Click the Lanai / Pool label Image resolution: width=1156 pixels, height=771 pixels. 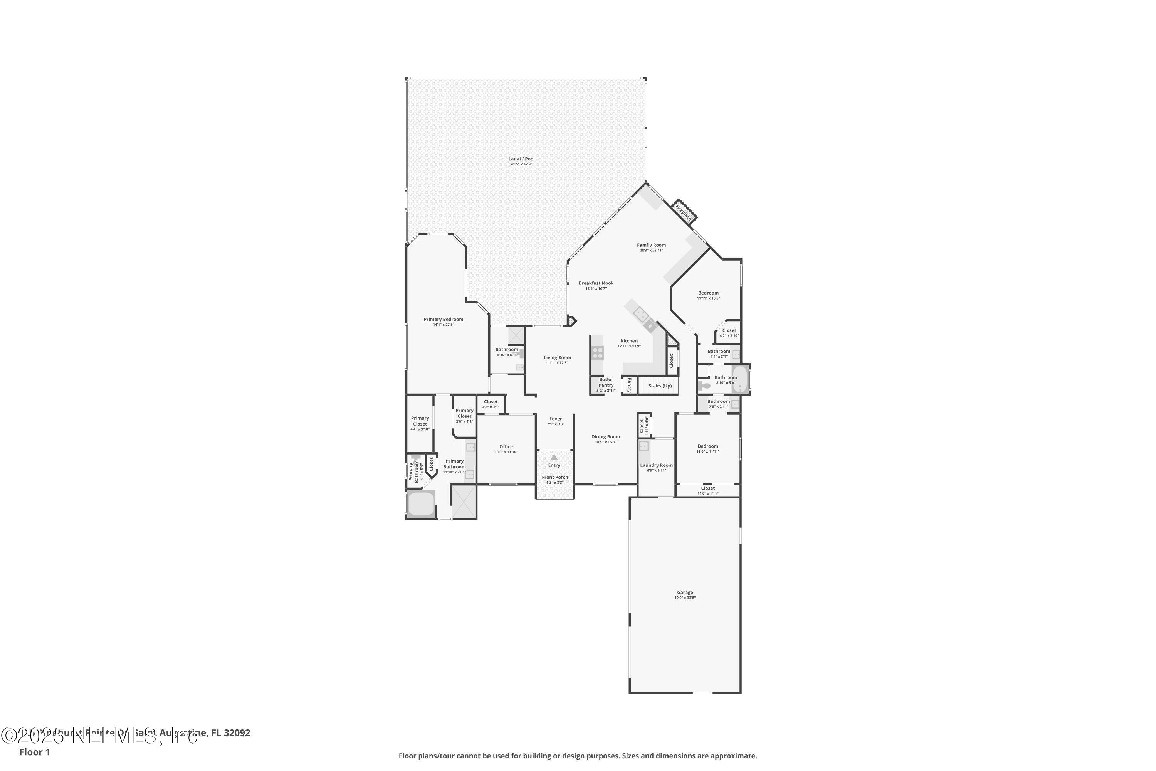(521, 159)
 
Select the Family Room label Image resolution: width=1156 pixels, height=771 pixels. (651, 245)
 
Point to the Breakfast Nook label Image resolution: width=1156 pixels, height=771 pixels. (596, 283)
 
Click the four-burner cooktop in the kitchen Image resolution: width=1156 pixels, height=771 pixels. (598, 352)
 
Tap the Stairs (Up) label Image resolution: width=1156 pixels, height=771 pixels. (660, 386)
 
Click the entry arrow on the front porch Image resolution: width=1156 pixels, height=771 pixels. (554, 457)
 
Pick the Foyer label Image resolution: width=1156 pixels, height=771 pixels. (555, 419)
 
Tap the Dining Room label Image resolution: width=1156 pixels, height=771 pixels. (605, 437)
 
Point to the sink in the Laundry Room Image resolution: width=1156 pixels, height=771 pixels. (644, 446)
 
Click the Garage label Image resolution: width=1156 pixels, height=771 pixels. (685, 593)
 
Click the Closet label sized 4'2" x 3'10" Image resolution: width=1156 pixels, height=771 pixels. (729, 330)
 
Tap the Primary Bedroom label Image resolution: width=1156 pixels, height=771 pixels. (444, 319)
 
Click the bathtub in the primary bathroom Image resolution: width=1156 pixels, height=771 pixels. (421, 505)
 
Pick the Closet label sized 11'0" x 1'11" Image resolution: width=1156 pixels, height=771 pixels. (708, 488)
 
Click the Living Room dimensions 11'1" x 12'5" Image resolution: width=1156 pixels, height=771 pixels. (557, 363)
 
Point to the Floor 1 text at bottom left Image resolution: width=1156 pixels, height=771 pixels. (34, 752)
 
